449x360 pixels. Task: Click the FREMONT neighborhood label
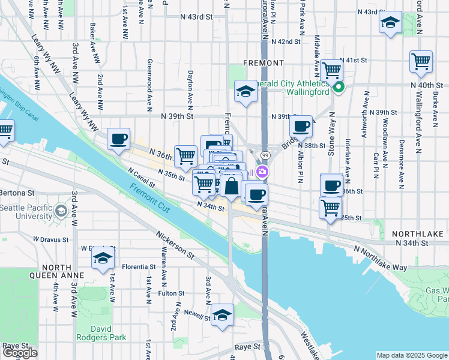point(264,63)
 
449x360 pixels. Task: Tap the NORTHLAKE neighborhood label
point(417,233)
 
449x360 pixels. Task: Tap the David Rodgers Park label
point(101,333)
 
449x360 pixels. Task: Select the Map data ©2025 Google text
point(412,355)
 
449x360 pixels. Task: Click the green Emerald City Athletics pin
point(339,88)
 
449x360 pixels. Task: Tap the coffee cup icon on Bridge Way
point(301,126)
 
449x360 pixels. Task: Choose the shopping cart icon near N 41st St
point(331,70)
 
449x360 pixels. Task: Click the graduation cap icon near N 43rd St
point(391,23)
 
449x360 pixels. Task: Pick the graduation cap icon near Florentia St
point(103,259)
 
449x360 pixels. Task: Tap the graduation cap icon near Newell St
point(222,314)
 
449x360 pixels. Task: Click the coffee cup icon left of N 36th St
point(118,139)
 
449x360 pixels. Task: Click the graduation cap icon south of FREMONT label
point(245,91)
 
